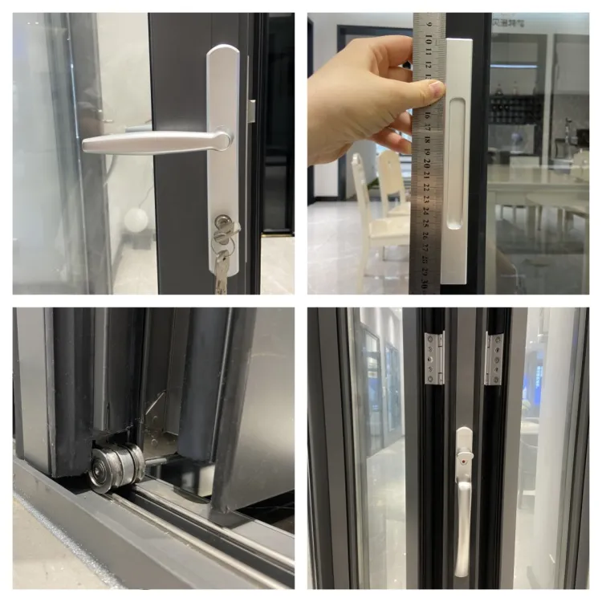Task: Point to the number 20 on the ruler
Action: [x=426, y=163]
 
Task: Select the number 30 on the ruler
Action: [x=425, y=281]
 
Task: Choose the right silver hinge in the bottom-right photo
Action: [x=493, y=358]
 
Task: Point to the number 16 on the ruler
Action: [x=427, y=115]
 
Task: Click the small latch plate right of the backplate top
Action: [x=251, y=112]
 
